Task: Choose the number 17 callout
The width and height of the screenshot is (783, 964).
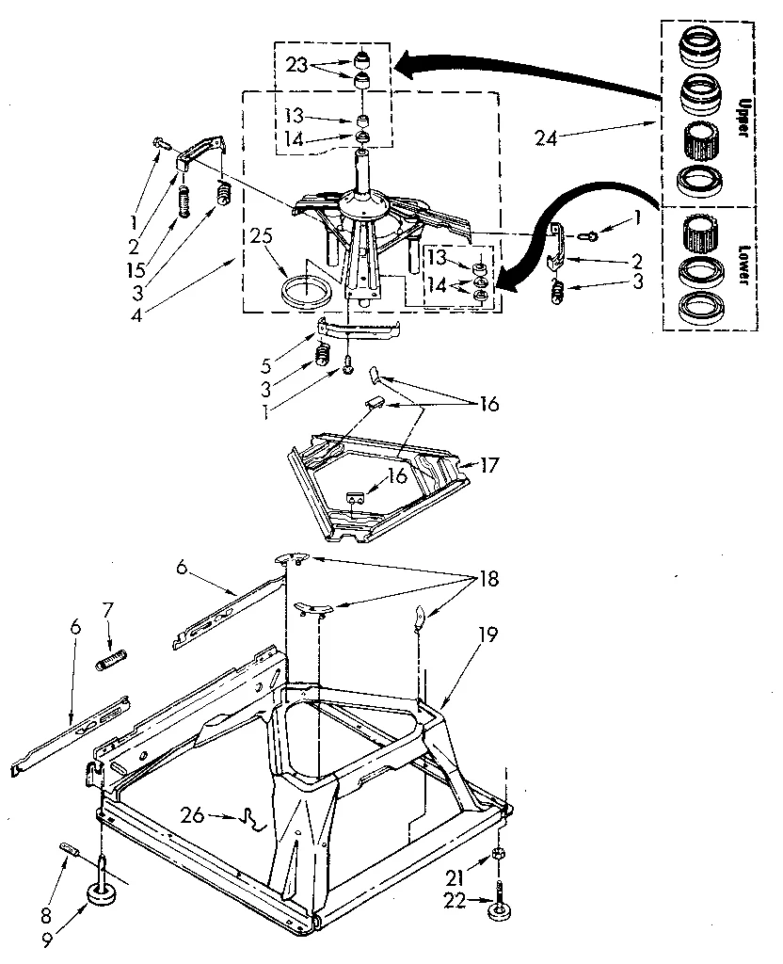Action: coord(488,464)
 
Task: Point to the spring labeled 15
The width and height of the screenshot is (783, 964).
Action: coord(185,201)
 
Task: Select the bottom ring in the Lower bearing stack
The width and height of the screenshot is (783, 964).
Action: coord(697,308)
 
